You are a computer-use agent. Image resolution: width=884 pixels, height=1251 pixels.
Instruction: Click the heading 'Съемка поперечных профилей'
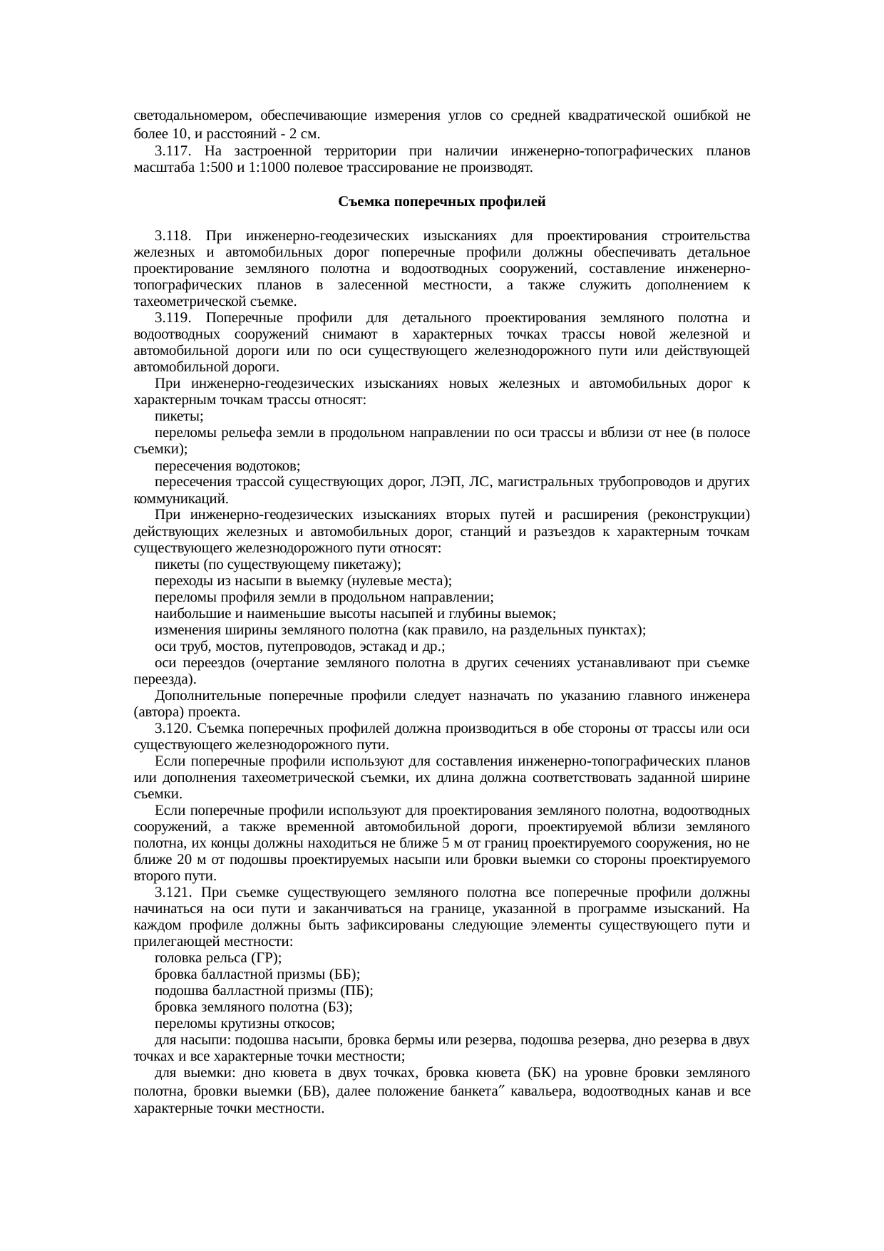[x=441, y=202]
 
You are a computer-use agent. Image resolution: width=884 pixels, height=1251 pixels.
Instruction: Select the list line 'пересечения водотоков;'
[x=227, y=466]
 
